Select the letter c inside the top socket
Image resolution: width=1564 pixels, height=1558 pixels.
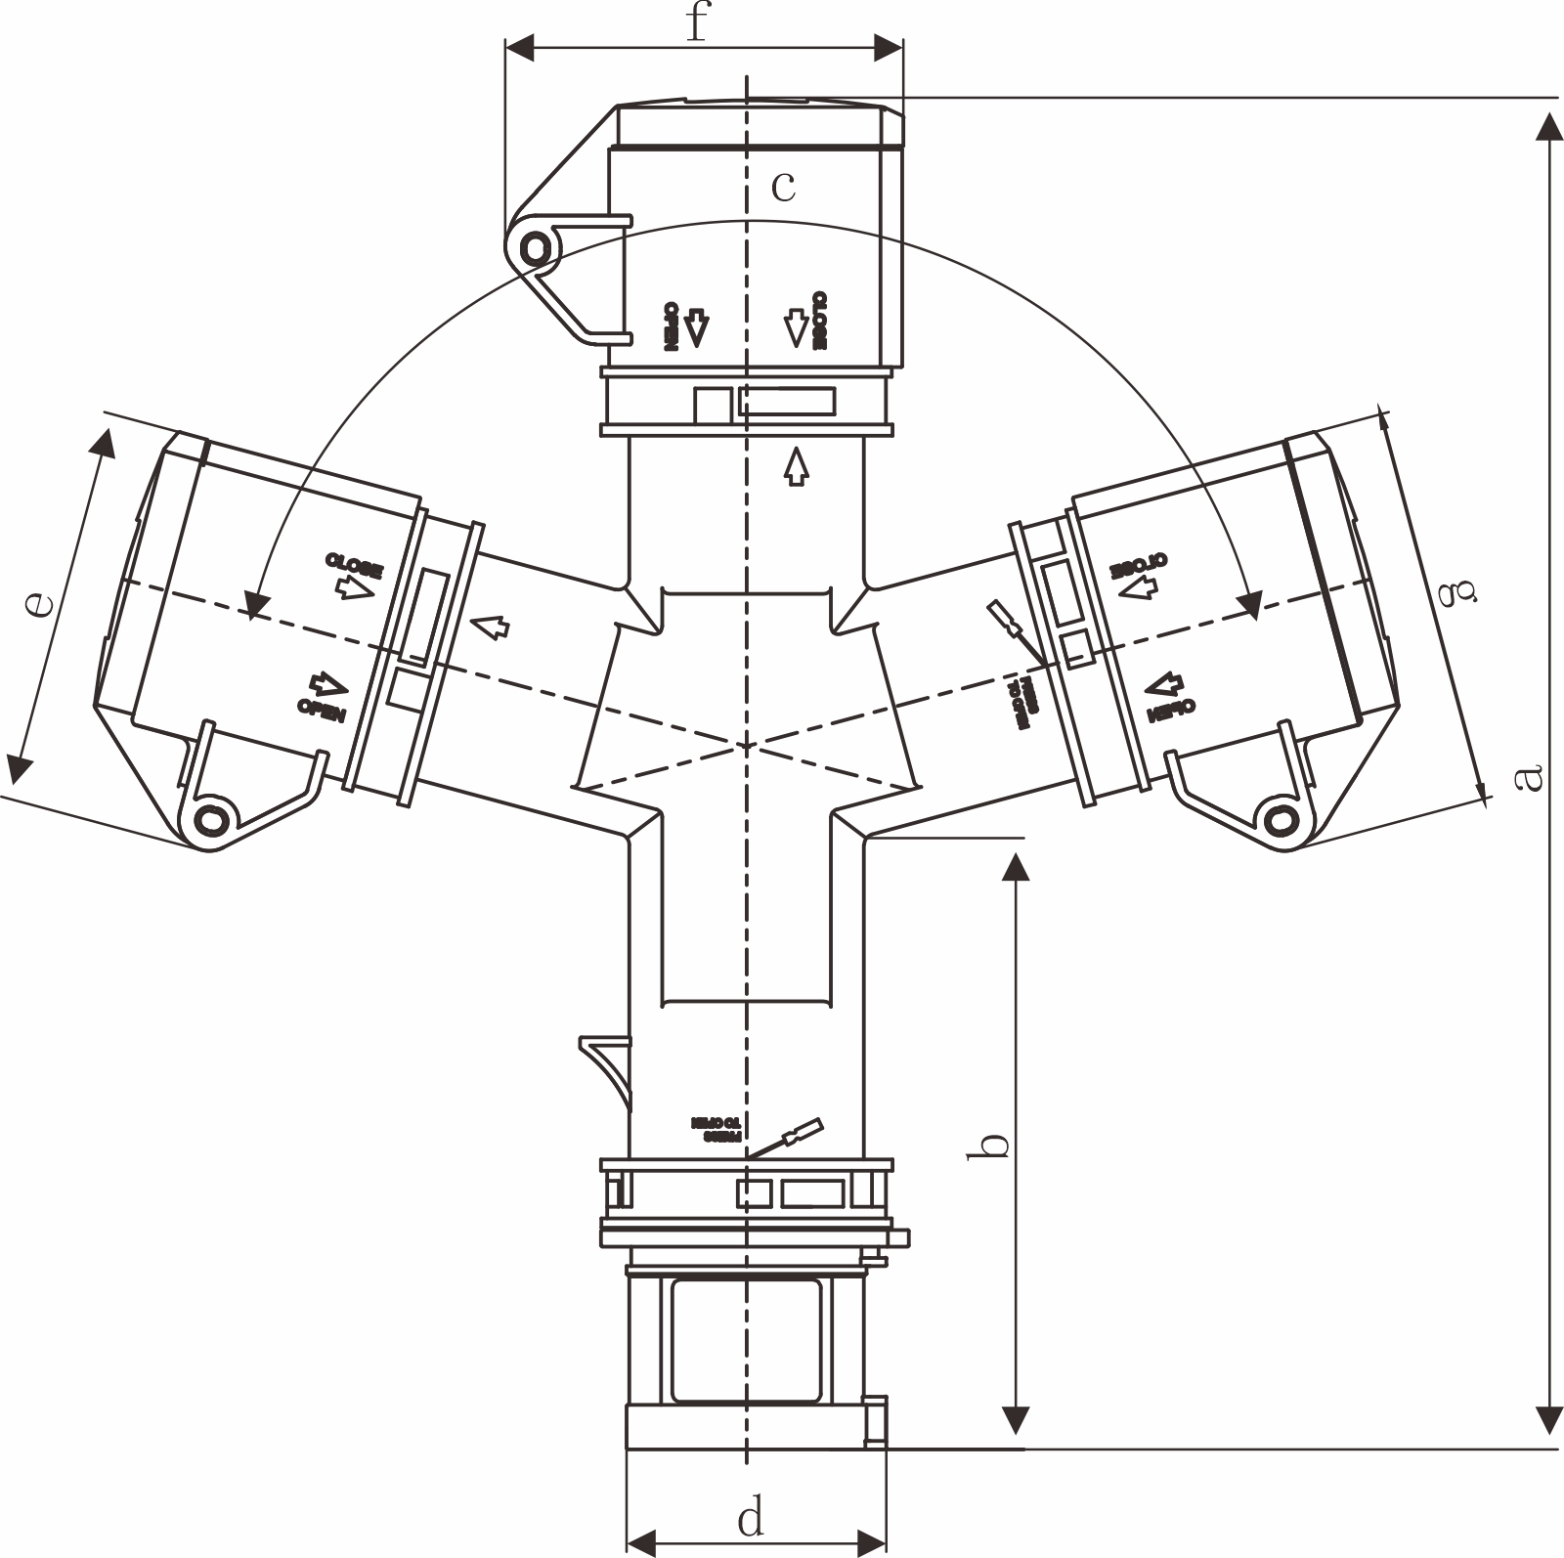point(783,185)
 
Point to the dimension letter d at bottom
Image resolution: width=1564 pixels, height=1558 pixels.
point(750,1518)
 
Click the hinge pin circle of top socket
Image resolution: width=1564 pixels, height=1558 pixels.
point(534,247)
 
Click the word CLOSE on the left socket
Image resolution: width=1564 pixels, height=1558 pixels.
point(354,564)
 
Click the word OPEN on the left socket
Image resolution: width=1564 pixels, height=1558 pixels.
point(322,711)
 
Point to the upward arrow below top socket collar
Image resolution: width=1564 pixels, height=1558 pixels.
point(797,466)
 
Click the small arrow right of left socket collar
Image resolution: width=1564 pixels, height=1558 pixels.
point(492,627)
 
